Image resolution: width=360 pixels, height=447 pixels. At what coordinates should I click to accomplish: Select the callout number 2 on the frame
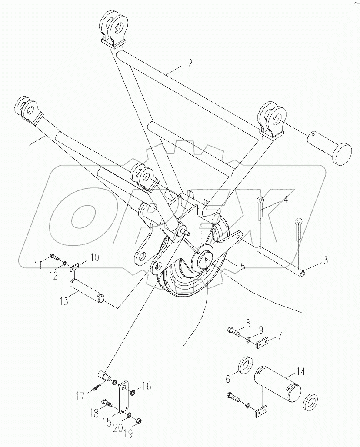click(190, 63)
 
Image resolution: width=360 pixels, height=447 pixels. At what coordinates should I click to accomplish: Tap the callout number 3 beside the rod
click(326, 261)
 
